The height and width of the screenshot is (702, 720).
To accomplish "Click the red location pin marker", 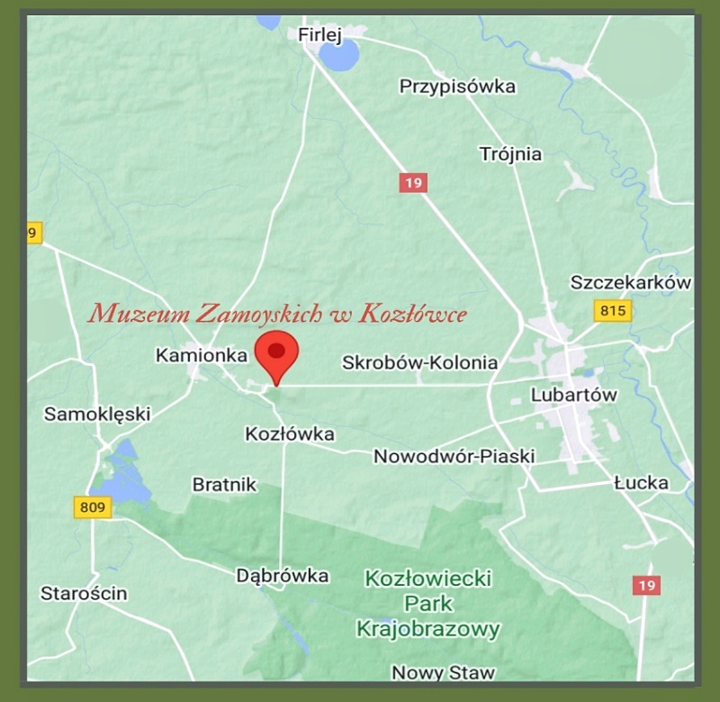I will [x=277, y=354].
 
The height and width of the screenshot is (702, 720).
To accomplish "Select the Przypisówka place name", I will [x=457, y=87].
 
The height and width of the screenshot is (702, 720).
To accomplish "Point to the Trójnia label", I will [x=511, y=154].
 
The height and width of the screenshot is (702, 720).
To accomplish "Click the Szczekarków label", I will [x=631, y=283].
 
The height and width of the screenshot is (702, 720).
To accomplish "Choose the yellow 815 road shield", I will [x=613, y=311].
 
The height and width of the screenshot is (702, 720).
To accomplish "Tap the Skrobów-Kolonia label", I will [x=419, y=362].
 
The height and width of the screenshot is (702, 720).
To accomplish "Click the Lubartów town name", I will [x=574, y=395].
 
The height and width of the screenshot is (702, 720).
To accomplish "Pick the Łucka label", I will [x=642, y=483].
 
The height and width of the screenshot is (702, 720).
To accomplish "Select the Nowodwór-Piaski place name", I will [x=454, y=456].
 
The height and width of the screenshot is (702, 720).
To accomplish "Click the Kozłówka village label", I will [x=290, y=434].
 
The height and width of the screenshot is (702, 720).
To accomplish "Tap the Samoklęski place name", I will [x=97, y=415].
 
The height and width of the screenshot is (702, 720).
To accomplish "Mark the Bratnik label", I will [x=224, y=485].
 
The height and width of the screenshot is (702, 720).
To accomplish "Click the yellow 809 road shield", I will [x=92, y=508].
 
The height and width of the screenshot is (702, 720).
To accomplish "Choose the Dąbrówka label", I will [x=282, y=575].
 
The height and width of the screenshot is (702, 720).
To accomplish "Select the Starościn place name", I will [x=84, y=593].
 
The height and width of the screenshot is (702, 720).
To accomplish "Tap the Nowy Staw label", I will [x=443, y=672].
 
